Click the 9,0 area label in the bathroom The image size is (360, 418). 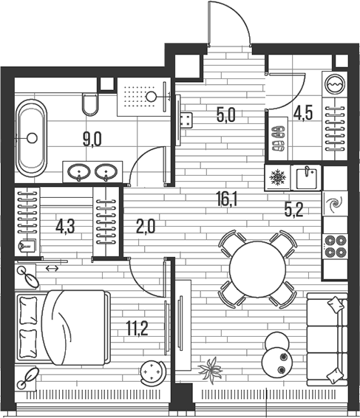92,140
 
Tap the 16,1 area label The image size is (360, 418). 226,201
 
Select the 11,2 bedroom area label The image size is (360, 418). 137,329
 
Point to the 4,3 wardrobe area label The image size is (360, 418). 65,228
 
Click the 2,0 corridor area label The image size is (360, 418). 146,228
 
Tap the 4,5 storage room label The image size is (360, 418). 303,114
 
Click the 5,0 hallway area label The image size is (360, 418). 225,116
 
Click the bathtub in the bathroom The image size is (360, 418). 32,138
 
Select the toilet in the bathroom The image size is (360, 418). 90,104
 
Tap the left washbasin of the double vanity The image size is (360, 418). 79,171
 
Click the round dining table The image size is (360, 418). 257,270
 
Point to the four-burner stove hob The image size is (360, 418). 335,246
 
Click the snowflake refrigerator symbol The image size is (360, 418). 277,177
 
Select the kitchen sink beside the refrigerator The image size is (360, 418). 306,177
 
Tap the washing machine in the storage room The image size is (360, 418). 335,84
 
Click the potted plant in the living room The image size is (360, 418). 211,370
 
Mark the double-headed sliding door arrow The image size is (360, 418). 52,268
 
